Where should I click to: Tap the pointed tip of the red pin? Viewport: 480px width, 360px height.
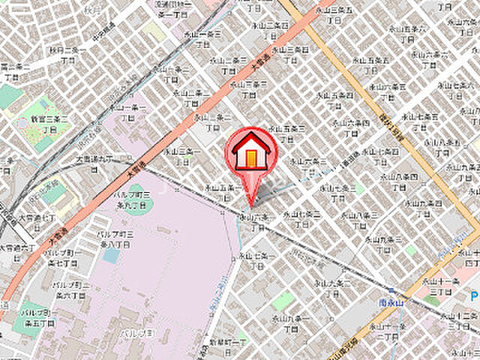pos(250,205)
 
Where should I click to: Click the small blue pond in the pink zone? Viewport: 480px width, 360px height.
pos(111,255)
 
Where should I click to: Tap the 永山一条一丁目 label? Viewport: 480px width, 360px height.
pos(137,112)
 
